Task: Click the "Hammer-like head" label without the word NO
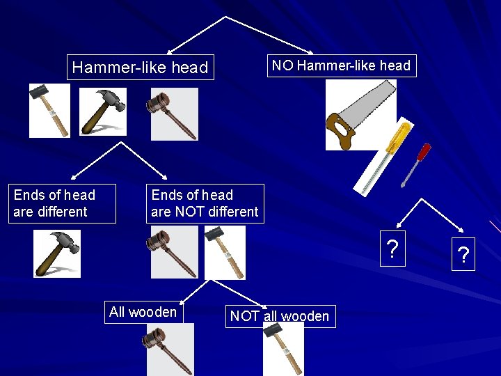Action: coord(140,68)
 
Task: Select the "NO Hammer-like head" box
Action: coord(341,66)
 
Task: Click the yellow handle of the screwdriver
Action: coord(395,139)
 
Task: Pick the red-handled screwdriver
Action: coord(417,163)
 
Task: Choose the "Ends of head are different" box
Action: coord(54,203)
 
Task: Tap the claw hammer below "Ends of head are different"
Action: coord(57,253)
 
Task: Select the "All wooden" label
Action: coord(143,312)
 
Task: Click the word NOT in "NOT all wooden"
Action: coord(245,317)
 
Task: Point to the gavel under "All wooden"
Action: coord(169,350)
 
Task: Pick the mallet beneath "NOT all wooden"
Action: coord(283,350)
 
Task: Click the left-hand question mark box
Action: coord(393,249)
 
